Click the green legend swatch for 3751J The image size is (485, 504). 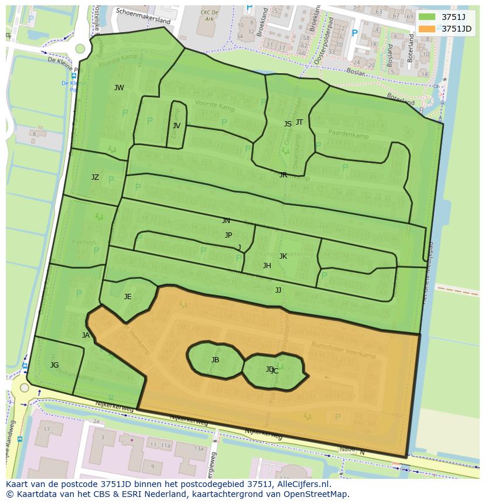click(x=428, y=18)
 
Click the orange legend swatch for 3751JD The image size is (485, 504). click(x=428, y=29)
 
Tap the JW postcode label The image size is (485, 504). click(x=119, y=88)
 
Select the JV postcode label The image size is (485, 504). click(x=176, y=125)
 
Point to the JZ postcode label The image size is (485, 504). click(x=95, y=177)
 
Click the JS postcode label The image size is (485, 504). click(x=288, y=124)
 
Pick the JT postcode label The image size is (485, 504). click(x=299, y=122)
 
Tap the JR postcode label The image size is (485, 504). click(x=283, y=174)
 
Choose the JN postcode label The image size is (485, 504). click(x=226, y=221)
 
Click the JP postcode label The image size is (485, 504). click(x=228, y=235)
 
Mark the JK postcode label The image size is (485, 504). click(x=283, y=256)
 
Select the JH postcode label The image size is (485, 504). click(x=267, y=266)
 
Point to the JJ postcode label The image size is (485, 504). click(x=278, y=290)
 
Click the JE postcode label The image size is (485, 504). click(x=128, y=297)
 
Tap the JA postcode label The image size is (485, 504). click(x=86, y=335)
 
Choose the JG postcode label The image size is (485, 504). click(x=54, y=365)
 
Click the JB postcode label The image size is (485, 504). click(x=215, y=360)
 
